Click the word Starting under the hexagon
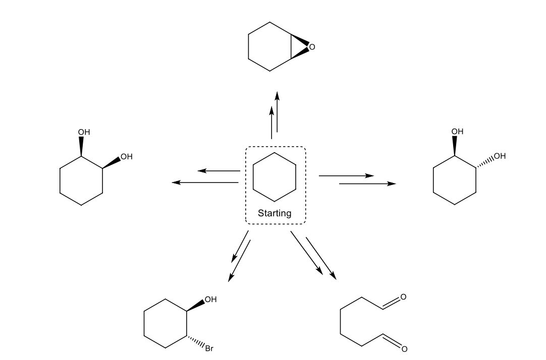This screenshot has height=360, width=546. pos(275,213)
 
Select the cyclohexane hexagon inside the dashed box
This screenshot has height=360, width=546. pos(275,176)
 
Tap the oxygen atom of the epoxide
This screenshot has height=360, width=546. pos(312,47)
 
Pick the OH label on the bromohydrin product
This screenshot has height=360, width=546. pos(210,299)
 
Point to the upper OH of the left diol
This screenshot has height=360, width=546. pos(84,132)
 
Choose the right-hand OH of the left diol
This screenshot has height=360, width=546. pos(126,157)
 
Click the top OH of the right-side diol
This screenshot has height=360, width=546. pos(457,132)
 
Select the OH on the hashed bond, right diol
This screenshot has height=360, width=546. pos(500,156)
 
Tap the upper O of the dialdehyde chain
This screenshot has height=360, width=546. pos(403,296)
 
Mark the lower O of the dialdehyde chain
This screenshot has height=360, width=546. pos(404,348)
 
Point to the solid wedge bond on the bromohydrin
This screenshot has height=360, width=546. pos(196,305)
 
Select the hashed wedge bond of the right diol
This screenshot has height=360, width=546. pos(485,162)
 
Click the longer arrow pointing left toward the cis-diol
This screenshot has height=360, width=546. pos(205,182)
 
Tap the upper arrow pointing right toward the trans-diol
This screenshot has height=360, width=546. pos(346,176)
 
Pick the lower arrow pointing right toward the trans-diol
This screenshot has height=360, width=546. pos(367,184)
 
